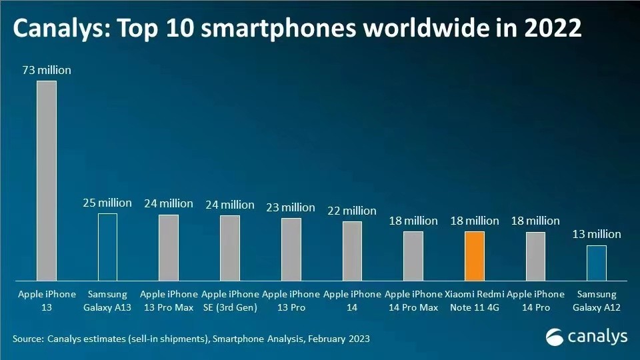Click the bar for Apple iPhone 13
[x=46, y=180]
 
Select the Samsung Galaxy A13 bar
[x=107, y=247]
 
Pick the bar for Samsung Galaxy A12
[x=597, y=263]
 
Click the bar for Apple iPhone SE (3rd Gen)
[x=229, y=247]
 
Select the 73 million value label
[x=46, y=70]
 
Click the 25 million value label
[x=107, y=203]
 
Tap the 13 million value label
[x=597, y=234]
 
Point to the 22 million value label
[x=352, y=211]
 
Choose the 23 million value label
[x=291, y=207]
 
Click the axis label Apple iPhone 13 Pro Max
[x=169, y=300]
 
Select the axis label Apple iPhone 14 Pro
[x=535, y=300]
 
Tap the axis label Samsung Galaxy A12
[x=597, y=300]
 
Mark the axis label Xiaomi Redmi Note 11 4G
[x=474, y=300]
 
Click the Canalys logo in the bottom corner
[x=587, y=337]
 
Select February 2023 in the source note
[x=333, y=339]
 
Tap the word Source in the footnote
[x=27, y=339]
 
